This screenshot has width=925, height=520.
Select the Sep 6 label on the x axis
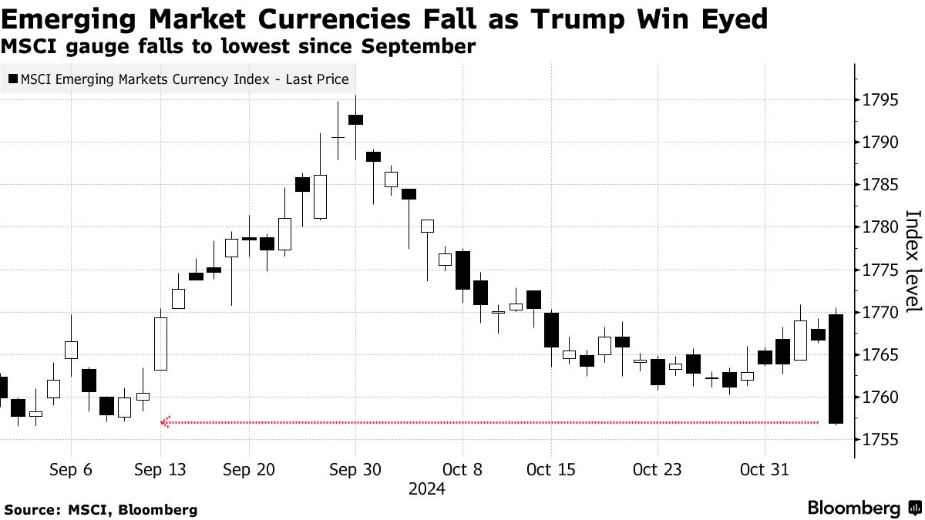coord(71,469)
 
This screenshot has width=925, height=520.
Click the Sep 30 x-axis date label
coord(355,469)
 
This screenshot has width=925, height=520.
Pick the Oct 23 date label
coord(657,469)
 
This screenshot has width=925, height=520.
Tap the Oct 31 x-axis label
coord(763,469)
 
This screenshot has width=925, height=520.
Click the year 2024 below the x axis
coord(426,489)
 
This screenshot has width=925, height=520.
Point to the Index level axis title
coord(913,261)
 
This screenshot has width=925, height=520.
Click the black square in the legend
coord(12,79)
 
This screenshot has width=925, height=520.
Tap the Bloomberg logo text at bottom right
coord(853,508)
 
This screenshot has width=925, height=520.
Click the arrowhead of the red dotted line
coord(163,422)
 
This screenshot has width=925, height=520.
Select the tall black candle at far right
coord(836,369)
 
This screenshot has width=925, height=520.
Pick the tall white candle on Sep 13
coord(160,344)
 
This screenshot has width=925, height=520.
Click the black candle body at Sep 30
coord(355,119)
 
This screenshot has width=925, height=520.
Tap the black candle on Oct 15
coord(551,330)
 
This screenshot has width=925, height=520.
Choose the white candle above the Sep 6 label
coord(71,350)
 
